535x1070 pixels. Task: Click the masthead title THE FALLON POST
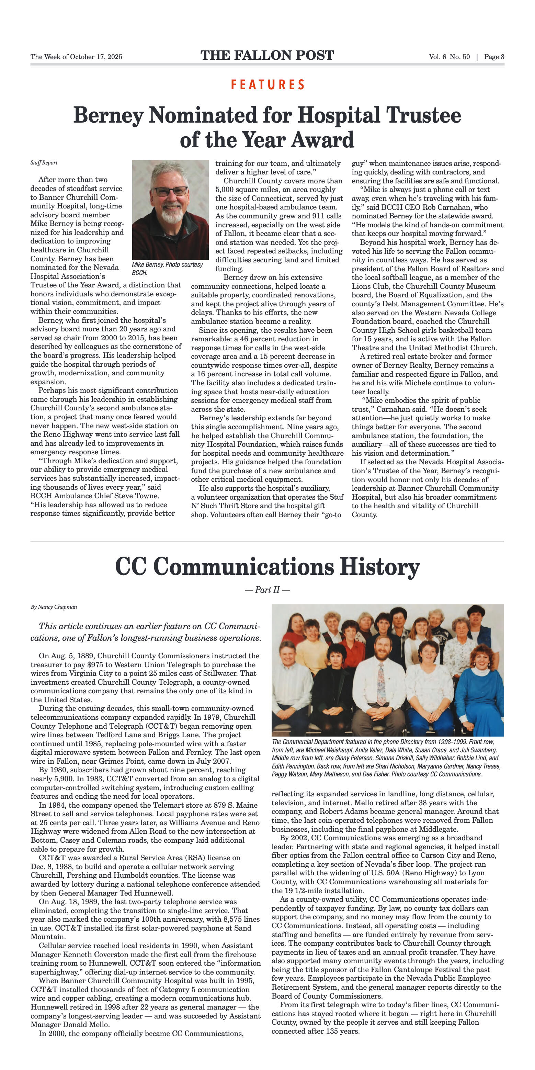[267, 56]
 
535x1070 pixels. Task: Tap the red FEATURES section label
[268, 85]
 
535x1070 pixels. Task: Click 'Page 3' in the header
[494, 57]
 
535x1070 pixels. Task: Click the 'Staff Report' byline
[44, 163]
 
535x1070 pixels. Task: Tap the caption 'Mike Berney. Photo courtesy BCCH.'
[167, 268]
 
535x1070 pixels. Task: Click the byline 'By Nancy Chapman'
[54, 607]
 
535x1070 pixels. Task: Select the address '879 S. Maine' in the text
[236, 805]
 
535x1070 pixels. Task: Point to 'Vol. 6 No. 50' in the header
[449, 57]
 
